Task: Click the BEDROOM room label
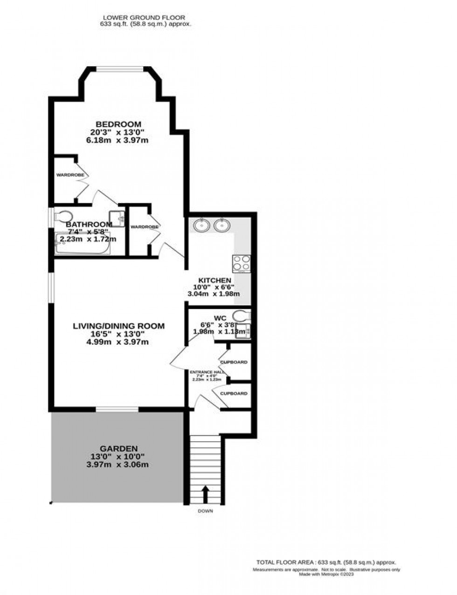118,124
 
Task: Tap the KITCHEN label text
215,280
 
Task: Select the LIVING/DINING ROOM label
118,326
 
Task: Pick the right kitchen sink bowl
222,226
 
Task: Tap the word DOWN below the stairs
205,511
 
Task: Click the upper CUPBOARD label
234,362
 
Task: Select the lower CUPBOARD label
234,393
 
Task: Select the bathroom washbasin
117,218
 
